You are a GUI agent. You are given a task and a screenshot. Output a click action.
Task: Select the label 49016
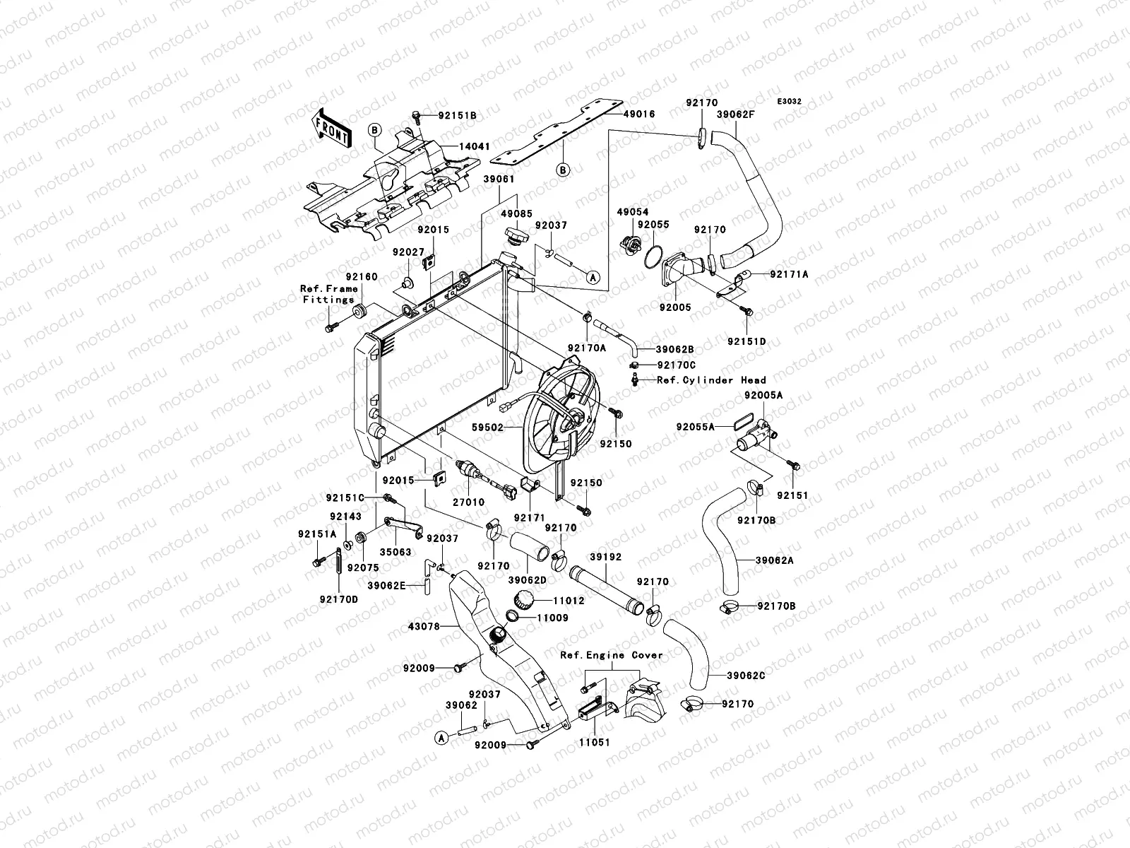(639, 114)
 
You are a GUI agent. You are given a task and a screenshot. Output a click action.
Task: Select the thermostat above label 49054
(628, 245)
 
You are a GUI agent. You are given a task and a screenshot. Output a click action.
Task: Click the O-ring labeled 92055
(653, 257)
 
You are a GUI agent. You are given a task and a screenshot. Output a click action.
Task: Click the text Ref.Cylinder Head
(711, 380)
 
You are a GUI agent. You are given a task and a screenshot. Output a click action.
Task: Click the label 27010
(470, 502)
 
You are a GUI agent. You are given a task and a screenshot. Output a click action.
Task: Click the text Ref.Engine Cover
(612, 655)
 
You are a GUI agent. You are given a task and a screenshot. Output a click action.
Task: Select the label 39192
(605, 557)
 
